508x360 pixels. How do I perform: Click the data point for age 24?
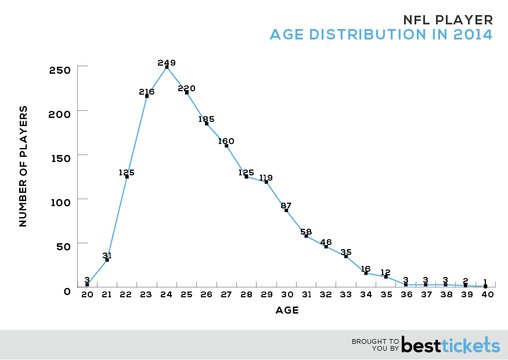167,67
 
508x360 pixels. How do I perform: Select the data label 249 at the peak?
167,62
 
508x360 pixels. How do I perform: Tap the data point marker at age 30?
286,210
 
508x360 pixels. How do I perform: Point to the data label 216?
147,92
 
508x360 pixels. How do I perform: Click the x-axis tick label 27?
226,295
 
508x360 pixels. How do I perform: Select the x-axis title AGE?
287,311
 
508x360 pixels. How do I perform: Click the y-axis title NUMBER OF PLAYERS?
23,166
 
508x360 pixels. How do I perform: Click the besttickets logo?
451,345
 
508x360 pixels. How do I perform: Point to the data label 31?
107,255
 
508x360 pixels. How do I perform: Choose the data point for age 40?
485,286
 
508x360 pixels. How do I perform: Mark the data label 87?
286,206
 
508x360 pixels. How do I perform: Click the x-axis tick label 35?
385,295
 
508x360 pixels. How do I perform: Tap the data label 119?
266,178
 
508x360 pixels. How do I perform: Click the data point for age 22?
127,177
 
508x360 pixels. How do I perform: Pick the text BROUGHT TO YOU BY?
375,345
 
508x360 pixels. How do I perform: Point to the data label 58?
307,231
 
